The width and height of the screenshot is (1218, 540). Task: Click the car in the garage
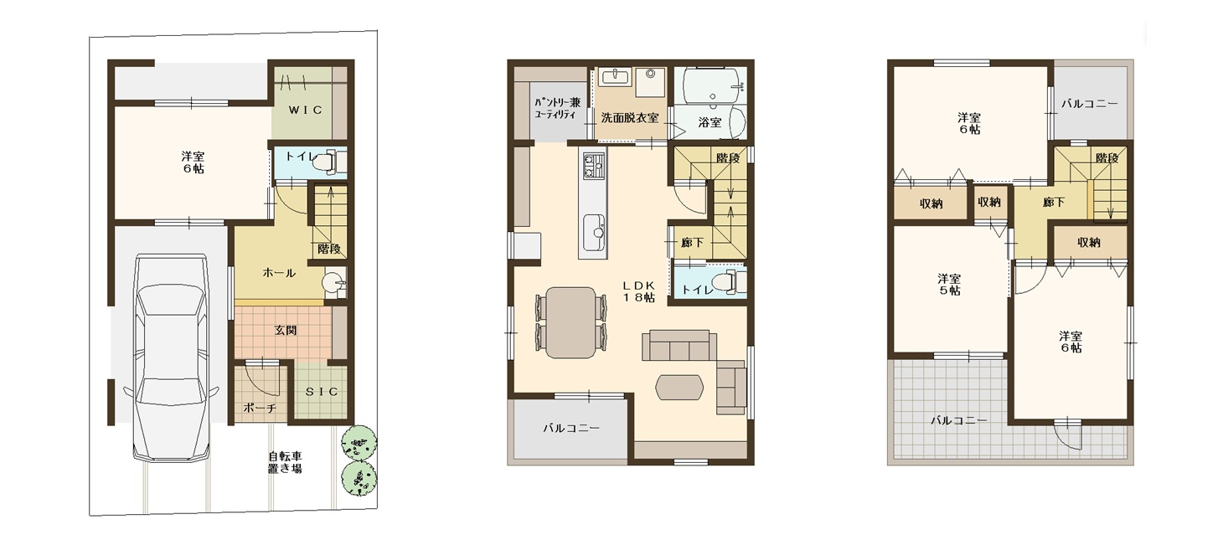click(171, 358)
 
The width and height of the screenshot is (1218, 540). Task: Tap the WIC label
click(306, 110)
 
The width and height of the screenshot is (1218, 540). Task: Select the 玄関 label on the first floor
click(286, 330)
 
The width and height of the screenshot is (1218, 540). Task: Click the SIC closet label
click(322, 392)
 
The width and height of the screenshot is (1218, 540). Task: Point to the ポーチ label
click(260, 408)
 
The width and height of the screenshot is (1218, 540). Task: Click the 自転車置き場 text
click(285, 462)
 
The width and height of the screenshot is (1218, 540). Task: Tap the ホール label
click(279, 273)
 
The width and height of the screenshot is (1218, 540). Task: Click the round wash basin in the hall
click(332, 283)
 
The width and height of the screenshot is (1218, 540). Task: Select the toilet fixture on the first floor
click(329, 162)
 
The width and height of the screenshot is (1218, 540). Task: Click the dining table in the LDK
click(570, 322)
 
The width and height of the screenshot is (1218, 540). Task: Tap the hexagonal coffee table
click(679, 388)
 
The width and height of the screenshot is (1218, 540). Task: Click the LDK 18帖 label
click(639, 291)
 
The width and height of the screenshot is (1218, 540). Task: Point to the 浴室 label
click(710, 123)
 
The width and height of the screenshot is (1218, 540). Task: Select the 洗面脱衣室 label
click(630, 117)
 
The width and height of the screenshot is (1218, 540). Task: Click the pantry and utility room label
click(558, 108)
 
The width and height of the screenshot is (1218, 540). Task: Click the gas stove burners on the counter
click(593, 166)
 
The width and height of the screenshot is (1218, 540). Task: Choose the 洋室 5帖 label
click(949, 285)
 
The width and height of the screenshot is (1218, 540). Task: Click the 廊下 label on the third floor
click(1053, 203)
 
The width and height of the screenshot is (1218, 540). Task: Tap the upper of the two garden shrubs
click(359, 443)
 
